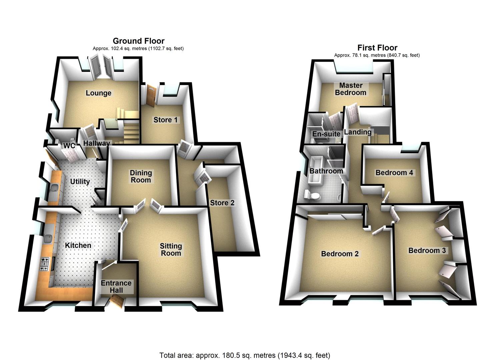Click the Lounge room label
[x=98, y=93]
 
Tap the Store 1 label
[x=165, y=120]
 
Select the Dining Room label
[x=141, y=176]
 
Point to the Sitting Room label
[x=171, y=249]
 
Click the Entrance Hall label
[x=116, y=287]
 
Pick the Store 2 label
[x=222, y=203]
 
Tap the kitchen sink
[x=48, y=239]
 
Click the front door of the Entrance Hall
[x=117, y=303]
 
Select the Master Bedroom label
[x=350, y=89]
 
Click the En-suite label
[x=326, y=134]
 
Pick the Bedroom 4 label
[x=394, y=173]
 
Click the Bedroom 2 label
[x=340, y=254]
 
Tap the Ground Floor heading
[x=138, y=41]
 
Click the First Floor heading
[x=377, y=48]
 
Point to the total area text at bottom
[x=245, y=355]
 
